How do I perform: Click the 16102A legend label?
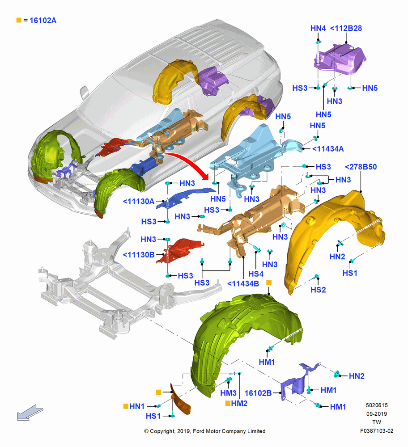click(43, 21)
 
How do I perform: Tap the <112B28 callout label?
click(346, 28)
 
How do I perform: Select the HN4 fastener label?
click(318, 28)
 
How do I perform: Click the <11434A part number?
click(328, 149)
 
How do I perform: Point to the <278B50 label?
click(361, 167)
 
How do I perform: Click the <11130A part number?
click(138, 201)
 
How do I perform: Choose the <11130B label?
click(138, 255)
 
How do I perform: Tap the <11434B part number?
click(243, 284)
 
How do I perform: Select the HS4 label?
click(255, 274)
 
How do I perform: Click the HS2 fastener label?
click(318, 290)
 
